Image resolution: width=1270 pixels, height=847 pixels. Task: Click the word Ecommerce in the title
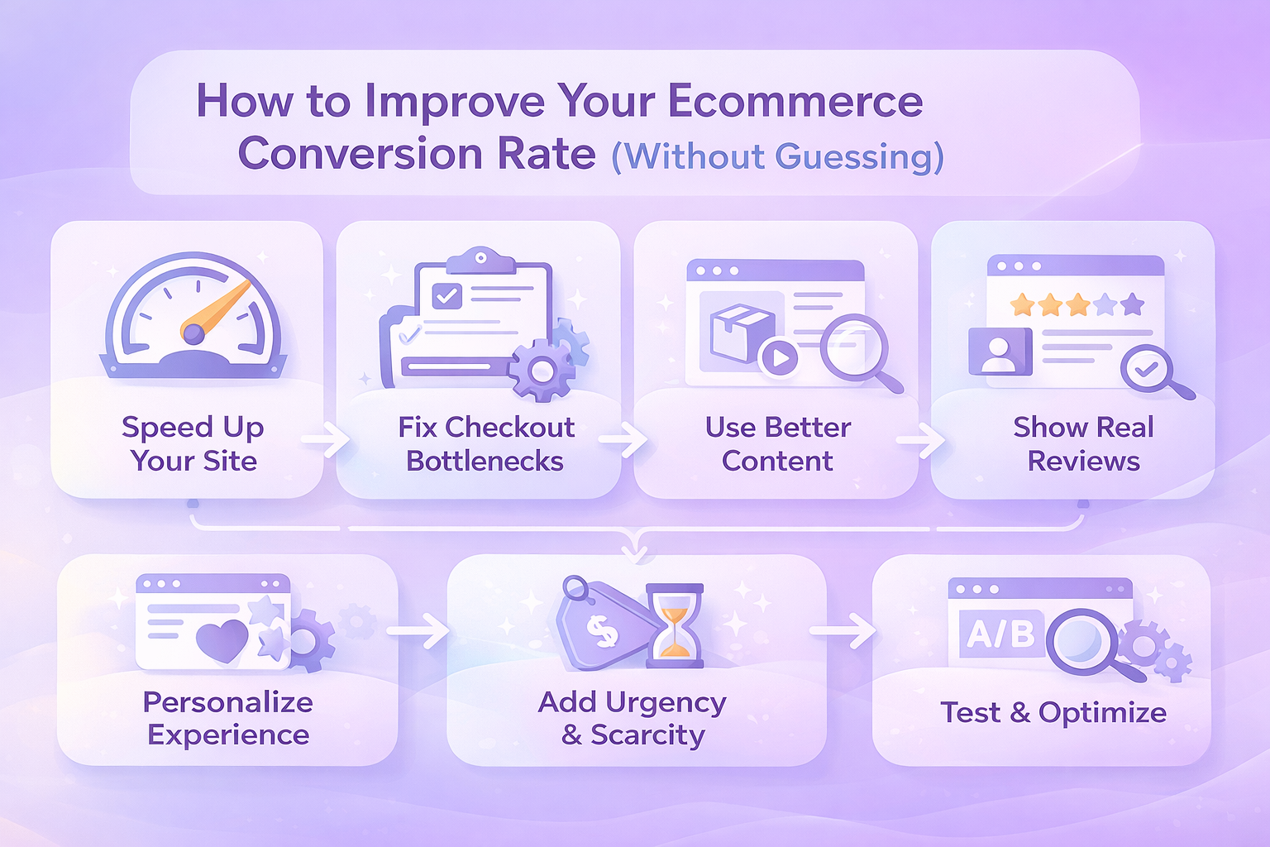796,101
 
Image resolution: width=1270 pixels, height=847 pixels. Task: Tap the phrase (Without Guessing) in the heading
778,156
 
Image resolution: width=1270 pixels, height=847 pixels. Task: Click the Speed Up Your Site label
193,443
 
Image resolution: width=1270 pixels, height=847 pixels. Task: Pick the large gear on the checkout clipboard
542,370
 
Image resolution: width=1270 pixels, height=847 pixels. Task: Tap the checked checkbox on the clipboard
446,295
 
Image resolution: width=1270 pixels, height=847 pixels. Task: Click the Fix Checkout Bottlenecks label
486,443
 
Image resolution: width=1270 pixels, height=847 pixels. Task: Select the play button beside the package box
780,357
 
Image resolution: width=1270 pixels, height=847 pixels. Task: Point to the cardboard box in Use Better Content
742,333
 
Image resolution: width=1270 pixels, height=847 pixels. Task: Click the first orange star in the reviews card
1023,304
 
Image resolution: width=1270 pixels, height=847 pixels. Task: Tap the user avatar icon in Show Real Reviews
1000,352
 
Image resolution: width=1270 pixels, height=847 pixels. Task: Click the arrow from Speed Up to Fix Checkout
326,440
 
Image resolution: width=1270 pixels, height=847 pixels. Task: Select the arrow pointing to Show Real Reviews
921,440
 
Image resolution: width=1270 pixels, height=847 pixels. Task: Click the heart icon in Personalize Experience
222,641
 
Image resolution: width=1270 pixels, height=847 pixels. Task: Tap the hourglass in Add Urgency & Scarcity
675,626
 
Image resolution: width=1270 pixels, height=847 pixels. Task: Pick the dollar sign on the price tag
602,633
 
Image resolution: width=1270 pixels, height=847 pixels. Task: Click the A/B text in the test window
1000,634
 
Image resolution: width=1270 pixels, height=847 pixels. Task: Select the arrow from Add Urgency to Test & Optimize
843,630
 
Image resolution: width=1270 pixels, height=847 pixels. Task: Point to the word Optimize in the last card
1102,713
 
